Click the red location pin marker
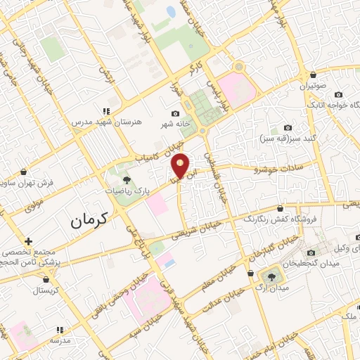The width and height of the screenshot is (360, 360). (181, 166)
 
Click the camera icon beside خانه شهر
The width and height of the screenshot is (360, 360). (175, 114)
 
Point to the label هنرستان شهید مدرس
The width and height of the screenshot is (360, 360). (106, 122)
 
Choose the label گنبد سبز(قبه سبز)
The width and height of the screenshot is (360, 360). (287, 138)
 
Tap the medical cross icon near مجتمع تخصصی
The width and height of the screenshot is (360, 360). (28, 240)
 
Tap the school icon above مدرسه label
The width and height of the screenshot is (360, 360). (60, 328)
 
